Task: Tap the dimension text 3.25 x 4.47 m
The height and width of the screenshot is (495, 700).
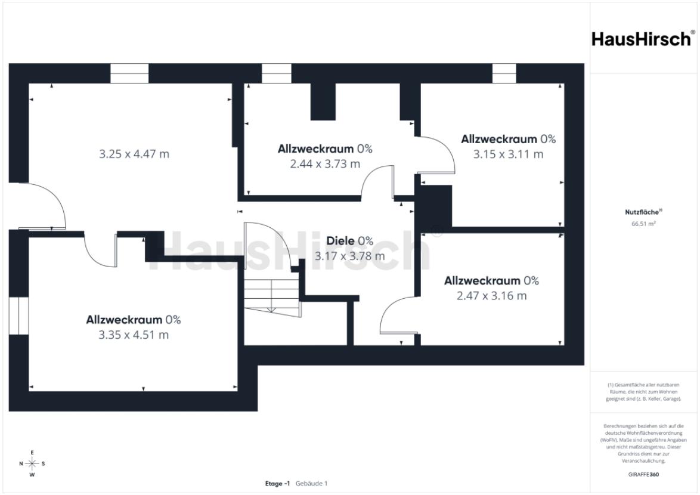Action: click(x=134, y=154)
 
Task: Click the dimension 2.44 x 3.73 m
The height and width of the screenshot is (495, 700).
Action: click(x=325, y=164)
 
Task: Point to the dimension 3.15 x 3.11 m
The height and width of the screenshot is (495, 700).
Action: click(x=508, y=154)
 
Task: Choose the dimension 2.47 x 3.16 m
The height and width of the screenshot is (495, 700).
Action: click(x=491, y=295)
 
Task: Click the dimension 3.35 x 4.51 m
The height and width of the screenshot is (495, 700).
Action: click(x=134, y=335)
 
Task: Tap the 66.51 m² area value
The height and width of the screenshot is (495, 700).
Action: click(x=643, y=224)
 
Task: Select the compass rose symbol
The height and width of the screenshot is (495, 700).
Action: click(x=32, y=464)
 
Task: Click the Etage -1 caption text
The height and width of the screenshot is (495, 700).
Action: click(x=277, y=484)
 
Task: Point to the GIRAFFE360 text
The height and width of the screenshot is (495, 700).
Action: click(x=643, y=475)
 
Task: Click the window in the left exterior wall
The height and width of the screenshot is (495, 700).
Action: click(x=18, y=315)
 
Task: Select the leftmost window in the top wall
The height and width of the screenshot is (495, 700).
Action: click(x=129, y=73)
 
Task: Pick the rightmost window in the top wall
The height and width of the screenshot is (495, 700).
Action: click(x=504, y=73)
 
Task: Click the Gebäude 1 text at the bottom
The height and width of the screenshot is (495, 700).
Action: click(x=312, y=484)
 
